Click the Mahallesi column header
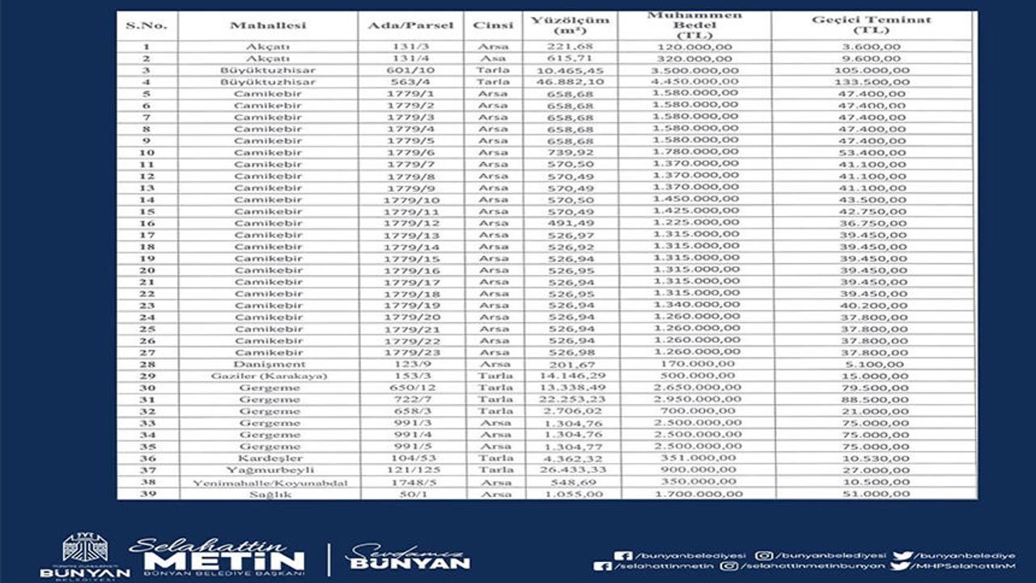point(268,26)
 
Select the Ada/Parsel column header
point(410,26)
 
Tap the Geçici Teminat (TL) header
point(871,25)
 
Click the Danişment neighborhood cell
point(270,364)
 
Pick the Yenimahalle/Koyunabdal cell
point(270,483)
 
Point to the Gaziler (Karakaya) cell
point(269,377)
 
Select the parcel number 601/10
point(411,70)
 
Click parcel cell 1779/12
point(413,223)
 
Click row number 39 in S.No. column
point(147,494)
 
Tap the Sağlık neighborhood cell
point(270,494)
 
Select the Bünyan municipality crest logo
point(84,547)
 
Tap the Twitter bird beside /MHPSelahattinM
point(899,567)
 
